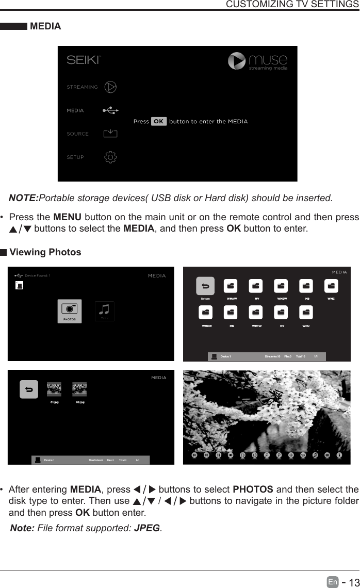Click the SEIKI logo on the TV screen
(x=83, y=60)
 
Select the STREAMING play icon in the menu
(x=110, y=87)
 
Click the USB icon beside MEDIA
(x=110, y=110)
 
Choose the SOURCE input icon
(x=110, y=134)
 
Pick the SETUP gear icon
(x=110, y=157)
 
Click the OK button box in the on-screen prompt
(x=159, y=122)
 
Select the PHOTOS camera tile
(x=69, y=311)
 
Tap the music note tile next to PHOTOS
(x=105, y=311)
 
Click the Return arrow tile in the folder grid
(x=205, y=286)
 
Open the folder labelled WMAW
(x=231, y=286)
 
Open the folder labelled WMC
(x=331, y=286)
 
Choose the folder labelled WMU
(x=306, y=313)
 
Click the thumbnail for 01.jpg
(x=54, y=389)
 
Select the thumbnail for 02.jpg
(x=79, y=389)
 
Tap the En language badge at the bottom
(x=333, y=582)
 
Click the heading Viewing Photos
(x=45, y=252)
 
